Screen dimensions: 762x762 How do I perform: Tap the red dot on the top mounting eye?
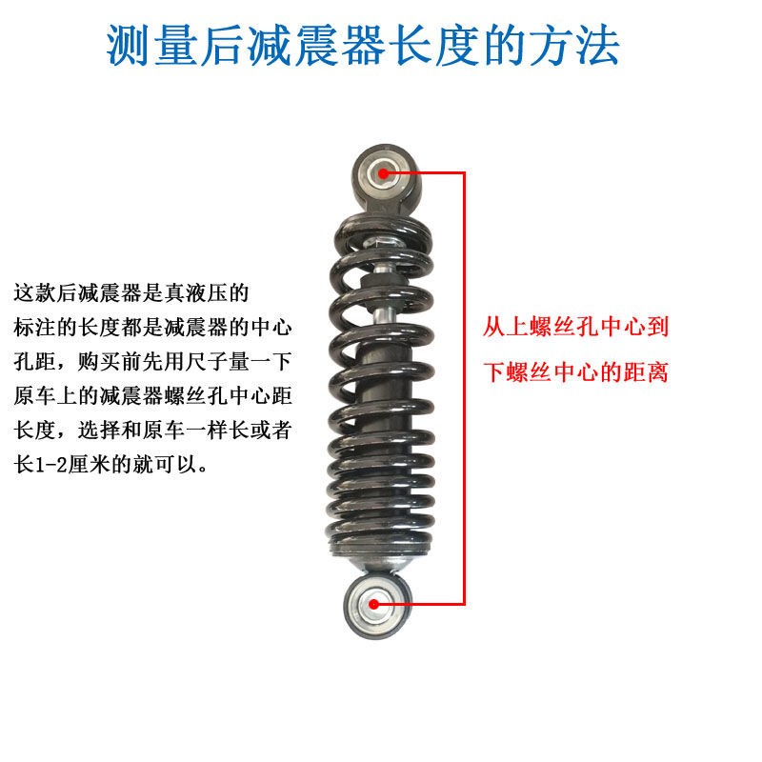[384, 172]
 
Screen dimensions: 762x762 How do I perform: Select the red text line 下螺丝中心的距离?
[575, 372]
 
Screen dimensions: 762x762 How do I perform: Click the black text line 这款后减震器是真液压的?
[132, 291]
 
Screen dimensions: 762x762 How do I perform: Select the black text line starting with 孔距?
[153, 362]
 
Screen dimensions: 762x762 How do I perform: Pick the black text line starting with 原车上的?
[153, 397]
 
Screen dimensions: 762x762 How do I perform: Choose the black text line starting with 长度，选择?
[153, 431]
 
